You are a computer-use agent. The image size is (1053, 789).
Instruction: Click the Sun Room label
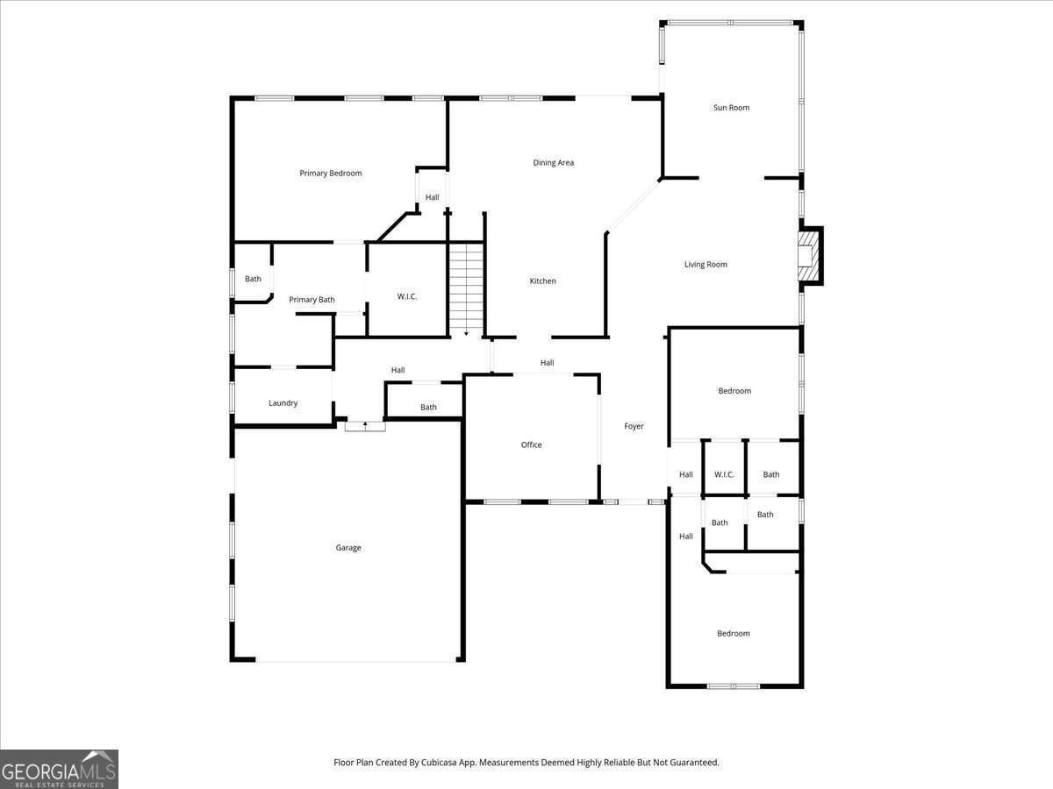click(731, 108)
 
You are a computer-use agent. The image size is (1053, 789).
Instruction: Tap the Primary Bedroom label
click(331, 174)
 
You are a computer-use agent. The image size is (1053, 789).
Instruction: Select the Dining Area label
click(553, 163)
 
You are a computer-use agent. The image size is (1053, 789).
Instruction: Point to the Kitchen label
click(542, 281)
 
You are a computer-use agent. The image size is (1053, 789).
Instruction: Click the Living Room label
click(706, 265)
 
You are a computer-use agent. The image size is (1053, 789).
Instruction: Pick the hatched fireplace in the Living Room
click(807, 256)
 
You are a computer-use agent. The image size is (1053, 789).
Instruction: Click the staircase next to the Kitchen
click(466, 288)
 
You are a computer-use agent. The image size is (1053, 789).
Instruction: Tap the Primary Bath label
click(312, 300)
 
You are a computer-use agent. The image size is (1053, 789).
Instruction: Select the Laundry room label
click(283, 403)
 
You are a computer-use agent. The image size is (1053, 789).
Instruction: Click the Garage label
click(348, 548)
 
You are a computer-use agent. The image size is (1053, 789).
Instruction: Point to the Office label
click(532, 445)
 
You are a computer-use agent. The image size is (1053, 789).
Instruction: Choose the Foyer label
click(634, 426)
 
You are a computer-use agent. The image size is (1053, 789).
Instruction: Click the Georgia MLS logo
click(59, 770)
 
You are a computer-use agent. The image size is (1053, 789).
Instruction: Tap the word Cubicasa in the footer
click(437, 762)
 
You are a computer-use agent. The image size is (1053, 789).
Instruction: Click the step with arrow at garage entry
click(365, 426)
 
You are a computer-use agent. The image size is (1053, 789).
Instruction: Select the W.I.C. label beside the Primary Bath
click(407, 297)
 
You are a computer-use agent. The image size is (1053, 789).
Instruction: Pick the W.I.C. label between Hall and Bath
click(724, 475)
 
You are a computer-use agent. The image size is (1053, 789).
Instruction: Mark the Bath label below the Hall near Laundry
click(428, 407)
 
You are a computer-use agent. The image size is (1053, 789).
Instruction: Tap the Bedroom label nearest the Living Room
click(734, 391)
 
